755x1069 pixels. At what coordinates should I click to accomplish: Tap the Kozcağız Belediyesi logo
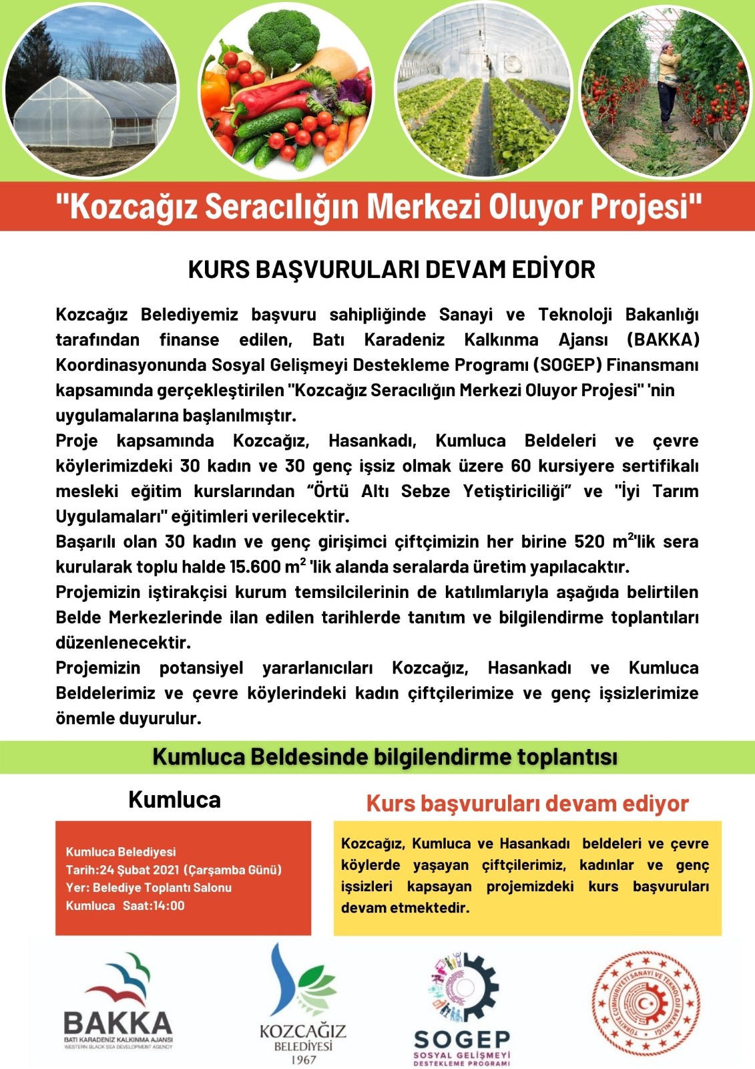coord(302,1002)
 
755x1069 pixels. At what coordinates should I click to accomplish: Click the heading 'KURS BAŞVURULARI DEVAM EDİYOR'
coord(391,270)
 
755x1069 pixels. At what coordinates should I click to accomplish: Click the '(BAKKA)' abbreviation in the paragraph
coord(662,339)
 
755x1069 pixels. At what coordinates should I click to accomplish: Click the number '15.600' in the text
coord(255,567)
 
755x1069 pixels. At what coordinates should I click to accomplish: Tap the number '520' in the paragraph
coord(589,541)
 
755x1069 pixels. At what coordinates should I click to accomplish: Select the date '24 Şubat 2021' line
coord(174,870)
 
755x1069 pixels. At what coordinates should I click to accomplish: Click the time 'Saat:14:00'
coord(154,906)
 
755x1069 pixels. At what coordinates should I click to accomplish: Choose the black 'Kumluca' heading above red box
coord(174,800)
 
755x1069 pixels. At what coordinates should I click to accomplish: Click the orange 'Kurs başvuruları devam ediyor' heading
coord(527,803)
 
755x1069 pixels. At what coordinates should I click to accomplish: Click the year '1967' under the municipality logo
coord(303,1060)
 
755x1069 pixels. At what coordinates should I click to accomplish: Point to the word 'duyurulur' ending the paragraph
coord(165,718)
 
